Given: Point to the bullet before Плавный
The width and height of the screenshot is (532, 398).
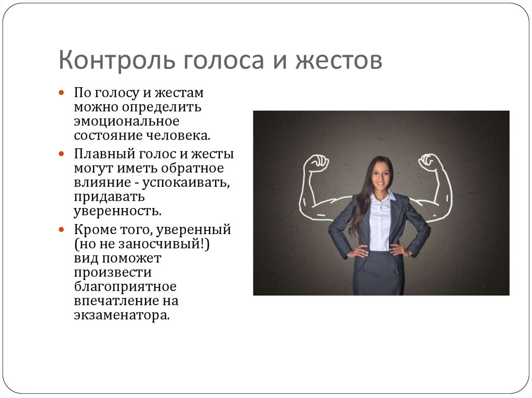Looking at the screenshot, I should [x=61, y=154].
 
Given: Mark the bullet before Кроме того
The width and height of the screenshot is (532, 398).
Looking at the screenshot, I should [x=61, y=228].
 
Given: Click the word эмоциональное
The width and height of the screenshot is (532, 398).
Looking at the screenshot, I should [x=126, y=121].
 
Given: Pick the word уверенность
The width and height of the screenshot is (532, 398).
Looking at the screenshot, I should [x=117, y=211].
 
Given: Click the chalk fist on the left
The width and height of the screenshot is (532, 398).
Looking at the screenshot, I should [x=317, y=163].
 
